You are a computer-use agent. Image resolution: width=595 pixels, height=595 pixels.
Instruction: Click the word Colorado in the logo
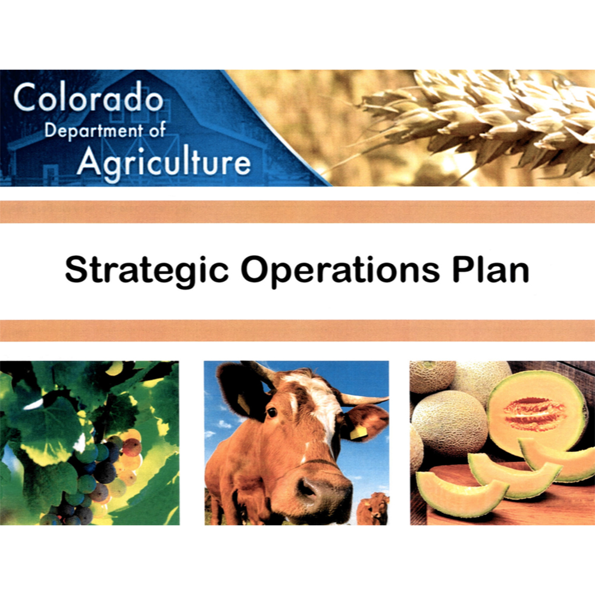point(89,97)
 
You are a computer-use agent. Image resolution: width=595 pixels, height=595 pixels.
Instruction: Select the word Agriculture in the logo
point(164,162)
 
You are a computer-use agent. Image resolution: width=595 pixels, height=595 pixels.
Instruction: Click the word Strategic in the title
point(147,270)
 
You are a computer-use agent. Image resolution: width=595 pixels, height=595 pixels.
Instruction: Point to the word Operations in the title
point(340,270)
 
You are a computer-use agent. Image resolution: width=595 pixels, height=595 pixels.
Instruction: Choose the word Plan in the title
point(491,269)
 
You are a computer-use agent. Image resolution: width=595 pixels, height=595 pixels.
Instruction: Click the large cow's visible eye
point(272,412)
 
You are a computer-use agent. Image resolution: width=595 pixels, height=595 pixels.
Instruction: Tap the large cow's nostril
point(307,489)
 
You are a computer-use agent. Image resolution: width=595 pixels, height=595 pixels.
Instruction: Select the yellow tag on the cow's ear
point(358,433)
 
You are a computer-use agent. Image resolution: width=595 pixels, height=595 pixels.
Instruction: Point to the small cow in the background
point(372,509)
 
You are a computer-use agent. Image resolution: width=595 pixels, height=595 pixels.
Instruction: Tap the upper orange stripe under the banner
point(297,212)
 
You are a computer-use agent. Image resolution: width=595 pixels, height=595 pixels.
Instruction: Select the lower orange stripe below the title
point(297,330)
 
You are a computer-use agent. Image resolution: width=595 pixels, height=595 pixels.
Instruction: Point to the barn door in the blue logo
point(51,174)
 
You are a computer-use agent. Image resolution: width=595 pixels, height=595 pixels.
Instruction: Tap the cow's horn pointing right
point(364,399)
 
